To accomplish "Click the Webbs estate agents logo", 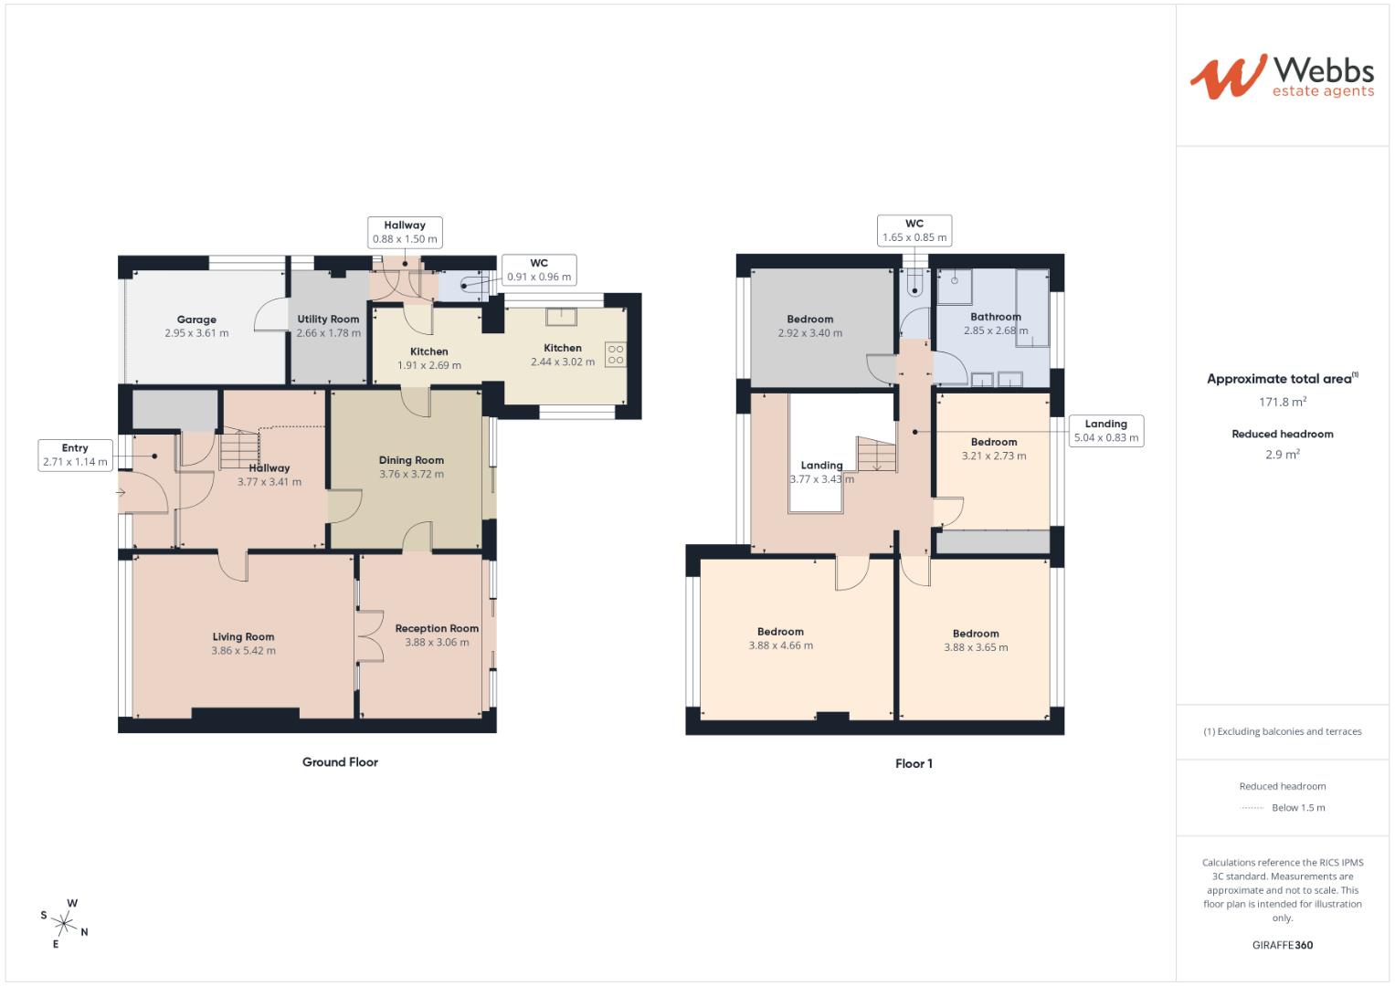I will [x=1281, y=77].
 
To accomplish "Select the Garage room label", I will [x=196, y=320].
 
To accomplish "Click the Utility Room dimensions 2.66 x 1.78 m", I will [x=328, y=333].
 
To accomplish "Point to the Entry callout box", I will [x=75, y=455].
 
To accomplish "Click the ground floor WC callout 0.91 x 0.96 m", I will [x=538, y=270].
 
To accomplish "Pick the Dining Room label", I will [x=411, y=460].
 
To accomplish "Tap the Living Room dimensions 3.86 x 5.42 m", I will [x=243, y=651].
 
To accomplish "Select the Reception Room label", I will [x=437, y=628].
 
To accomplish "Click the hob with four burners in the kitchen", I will [x=615, y=354].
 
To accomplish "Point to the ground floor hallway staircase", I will [x=240, y=447].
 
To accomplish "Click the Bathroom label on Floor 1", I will [x=995, y=317].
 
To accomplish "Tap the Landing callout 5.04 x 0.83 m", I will [x=1105, y=431].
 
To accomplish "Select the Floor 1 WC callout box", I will [x=914, y=231].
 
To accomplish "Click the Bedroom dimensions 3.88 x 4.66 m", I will [x=780, y=645].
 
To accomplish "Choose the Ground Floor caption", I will [x=340, y=762].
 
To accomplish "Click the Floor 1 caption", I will [x=914, y=763].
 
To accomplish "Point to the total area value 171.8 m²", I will [x=1282, y=402].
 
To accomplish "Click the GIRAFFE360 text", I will [x=1282, y=945].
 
